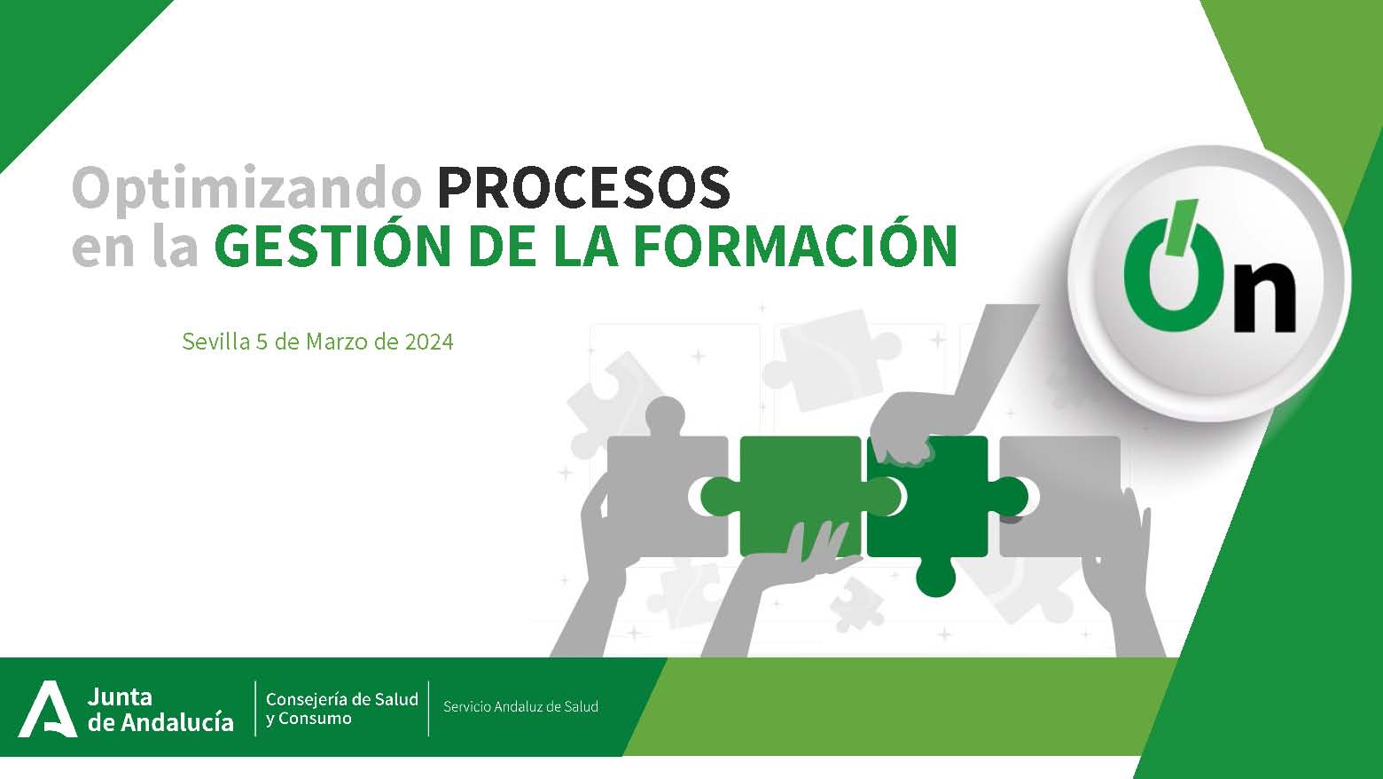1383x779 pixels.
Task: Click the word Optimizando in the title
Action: tap(247, 189)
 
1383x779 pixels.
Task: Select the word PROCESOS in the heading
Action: tap(583, 187)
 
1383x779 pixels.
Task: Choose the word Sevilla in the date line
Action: tap(216, 342)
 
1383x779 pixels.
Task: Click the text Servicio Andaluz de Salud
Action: tap(520, 707)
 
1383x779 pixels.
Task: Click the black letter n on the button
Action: tap(1264, 297)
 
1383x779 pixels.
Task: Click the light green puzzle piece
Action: tap(801, 495)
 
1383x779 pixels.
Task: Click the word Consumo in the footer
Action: tap(315, 719)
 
